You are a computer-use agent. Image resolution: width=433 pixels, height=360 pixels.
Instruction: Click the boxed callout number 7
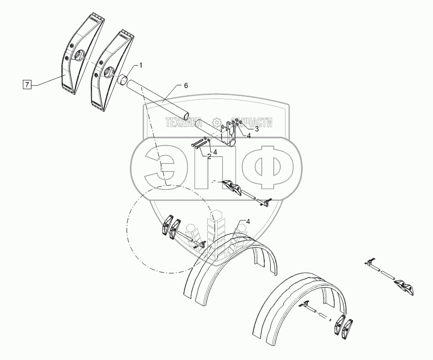27,83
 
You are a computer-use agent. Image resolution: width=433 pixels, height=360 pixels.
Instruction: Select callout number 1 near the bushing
141,65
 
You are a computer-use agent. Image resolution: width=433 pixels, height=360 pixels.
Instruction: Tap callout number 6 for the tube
186,86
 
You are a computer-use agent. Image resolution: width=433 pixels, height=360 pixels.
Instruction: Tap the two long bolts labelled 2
198,144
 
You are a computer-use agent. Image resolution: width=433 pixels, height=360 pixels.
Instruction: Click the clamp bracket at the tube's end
229,133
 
